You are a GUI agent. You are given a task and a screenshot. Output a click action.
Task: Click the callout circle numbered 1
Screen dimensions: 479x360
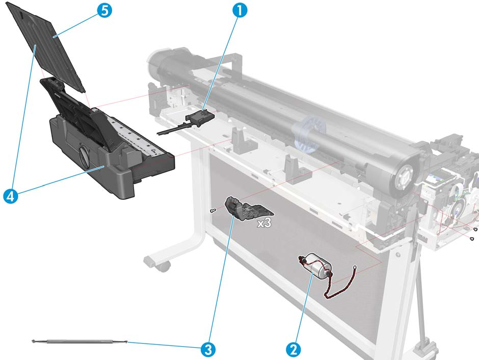(240, 10)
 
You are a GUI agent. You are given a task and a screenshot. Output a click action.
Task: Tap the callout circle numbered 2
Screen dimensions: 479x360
(294, 349)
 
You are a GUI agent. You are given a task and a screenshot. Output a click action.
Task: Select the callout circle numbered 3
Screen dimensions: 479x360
(208, 349)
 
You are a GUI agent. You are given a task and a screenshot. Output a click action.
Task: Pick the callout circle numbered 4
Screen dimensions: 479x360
(11, 196)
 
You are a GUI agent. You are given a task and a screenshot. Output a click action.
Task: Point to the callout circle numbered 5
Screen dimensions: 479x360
(104, 10)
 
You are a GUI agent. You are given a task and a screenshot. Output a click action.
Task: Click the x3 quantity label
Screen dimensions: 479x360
(264, 223)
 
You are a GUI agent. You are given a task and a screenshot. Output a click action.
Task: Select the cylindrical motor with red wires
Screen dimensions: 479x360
(317, 265)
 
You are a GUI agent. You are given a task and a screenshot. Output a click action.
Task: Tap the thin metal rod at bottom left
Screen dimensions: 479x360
(79, 341)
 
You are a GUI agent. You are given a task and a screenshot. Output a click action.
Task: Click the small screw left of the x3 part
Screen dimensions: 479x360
(213, 210)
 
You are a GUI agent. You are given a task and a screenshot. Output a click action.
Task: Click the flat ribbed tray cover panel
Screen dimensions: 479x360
(46, 46)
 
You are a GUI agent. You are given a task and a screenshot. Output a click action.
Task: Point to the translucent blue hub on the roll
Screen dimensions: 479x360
(308, 135)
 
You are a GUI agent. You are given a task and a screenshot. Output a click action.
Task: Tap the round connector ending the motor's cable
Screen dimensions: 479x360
(354, 267)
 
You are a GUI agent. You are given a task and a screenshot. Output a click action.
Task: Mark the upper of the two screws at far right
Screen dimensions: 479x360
(475, 229)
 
